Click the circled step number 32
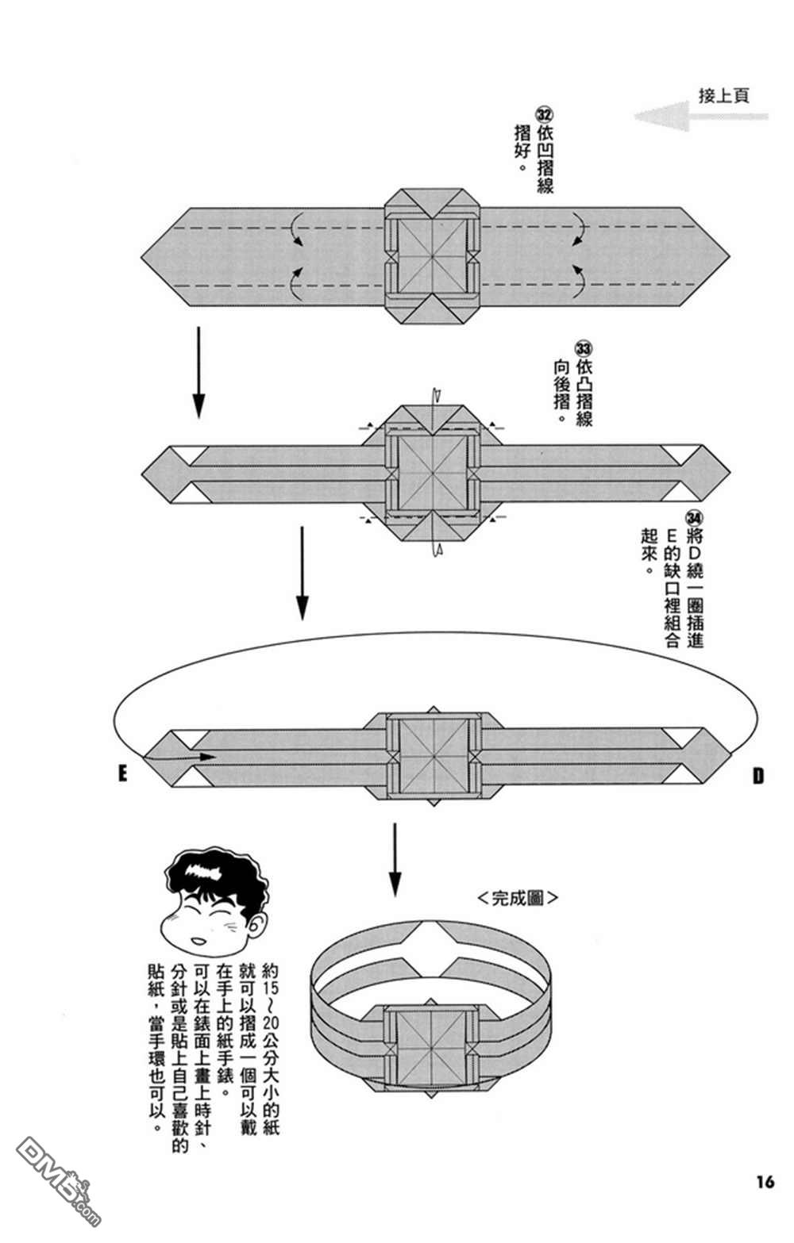pyautogui.click(x=545, y=113)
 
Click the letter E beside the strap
pyautogui.click(x=123, y=773)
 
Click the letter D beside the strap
pyautogui.click(x=757, y=776)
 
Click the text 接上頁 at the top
pyautogui.click(x=723, y=96)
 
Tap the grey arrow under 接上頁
pyautogui.click(x=699, y=117)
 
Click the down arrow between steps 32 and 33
pyautogui.click(x=198, y=370)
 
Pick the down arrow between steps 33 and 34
pyautogui.click(x=301, y=571)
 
